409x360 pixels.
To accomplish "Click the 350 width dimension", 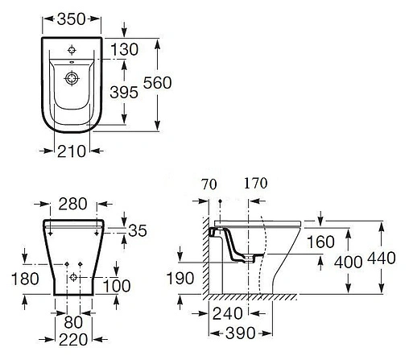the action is click(71, 19).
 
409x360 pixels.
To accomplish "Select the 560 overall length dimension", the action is click(157, 83).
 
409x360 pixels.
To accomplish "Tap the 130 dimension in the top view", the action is click(124, 49).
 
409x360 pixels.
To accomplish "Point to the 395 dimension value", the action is click(124, 93).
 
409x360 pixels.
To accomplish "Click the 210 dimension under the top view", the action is click(72, 151).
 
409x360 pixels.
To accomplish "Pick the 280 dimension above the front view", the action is click(72, 204).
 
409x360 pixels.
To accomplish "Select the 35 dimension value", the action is click(138, 230).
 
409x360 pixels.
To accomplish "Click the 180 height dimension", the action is click(25, 279).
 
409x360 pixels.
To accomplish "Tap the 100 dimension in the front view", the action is click(117, 286).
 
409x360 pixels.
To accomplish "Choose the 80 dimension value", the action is click(73, 322).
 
